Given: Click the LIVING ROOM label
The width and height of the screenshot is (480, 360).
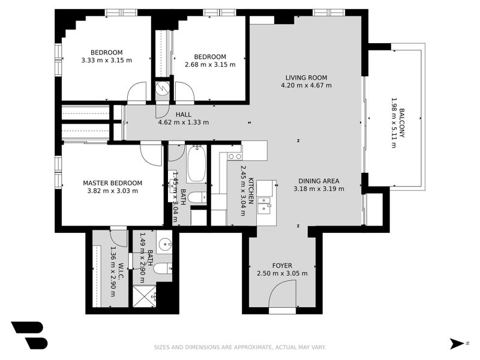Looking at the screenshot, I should (306, 77).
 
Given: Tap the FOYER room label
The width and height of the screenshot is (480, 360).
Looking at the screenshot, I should (282, 265).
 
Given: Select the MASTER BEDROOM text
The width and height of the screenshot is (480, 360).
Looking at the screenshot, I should (112, 183).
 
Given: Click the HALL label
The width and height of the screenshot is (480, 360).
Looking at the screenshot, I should (183, 114).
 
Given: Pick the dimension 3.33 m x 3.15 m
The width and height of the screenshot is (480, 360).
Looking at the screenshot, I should (106, 60).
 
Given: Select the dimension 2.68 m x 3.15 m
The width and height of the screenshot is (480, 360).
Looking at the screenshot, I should (210, 64).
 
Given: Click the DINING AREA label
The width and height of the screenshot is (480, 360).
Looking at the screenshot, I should (319, 181).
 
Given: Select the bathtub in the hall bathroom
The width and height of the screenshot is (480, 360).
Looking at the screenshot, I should (196, 164).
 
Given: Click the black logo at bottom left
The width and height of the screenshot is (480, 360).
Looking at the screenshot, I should (28, 335).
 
